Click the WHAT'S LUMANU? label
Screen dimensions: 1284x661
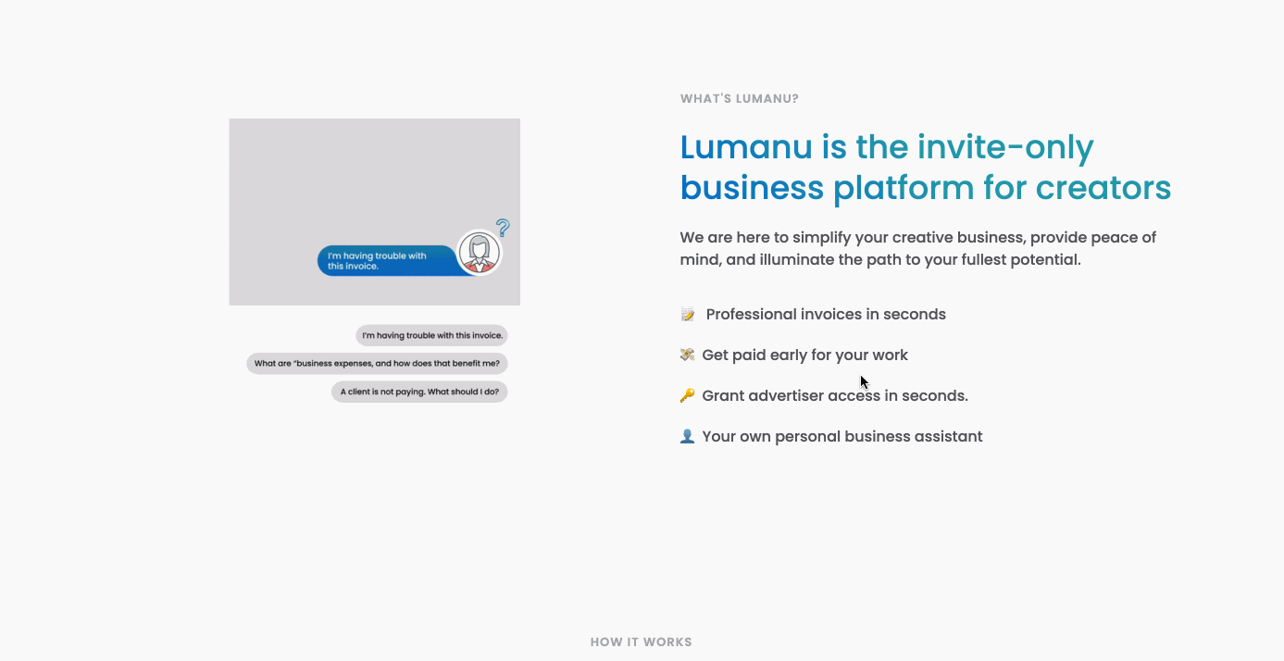coord(740,99)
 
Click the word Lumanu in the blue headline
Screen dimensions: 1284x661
coord(746,147)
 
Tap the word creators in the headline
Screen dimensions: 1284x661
coord(1103,188)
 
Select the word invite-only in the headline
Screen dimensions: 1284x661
coord(1005,148)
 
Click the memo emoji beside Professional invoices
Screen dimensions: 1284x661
coord(687,314)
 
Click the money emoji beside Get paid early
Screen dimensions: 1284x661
coord(687,355)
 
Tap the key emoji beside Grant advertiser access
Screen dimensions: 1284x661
coord(687,395)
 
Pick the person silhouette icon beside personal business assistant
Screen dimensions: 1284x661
coord(687,436)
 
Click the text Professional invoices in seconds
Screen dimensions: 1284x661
coord(826,314)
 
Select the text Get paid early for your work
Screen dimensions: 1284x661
coord(804,355)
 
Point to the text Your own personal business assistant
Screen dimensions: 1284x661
coord(842,437)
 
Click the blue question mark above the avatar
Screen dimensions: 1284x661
coord(503,228)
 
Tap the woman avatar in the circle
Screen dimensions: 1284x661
coord(480,253)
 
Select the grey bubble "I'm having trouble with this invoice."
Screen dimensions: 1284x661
coord(431,335)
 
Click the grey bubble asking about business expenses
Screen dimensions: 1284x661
coord(377,364)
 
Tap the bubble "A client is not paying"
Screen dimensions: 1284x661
coord(419,393)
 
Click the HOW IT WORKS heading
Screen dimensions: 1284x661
coord(642,642)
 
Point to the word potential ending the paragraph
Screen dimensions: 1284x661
coord(1045,260)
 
